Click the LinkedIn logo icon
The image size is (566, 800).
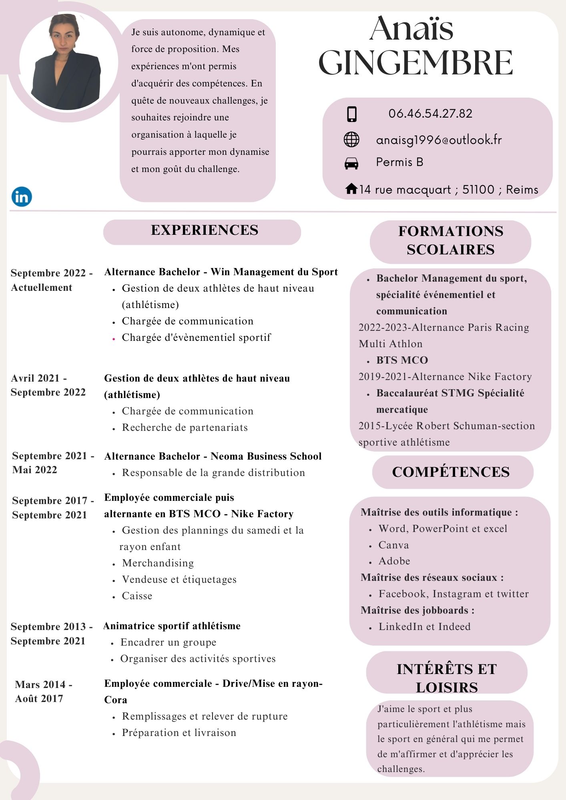22,196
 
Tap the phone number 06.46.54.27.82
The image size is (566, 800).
430,114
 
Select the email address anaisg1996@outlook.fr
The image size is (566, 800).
439,140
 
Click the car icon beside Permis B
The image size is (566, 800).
351,163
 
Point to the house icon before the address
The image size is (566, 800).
351,188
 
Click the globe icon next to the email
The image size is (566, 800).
351,140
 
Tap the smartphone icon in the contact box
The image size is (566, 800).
351,114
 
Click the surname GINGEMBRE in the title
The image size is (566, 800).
415,63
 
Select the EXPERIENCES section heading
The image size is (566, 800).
205,230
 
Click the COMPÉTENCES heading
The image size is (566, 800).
451,472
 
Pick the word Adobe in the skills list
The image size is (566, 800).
394,561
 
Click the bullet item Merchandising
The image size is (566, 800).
158,563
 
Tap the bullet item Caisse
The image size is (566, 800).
137,596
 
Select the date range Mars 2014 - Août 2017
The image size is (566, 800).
43,692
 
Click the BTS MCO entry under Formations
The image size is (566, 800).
402,360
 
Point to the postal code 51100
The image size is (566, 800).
478,190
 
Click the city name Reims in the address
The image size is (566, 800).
522,190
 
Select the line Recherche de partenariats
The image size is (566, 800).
185,428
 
